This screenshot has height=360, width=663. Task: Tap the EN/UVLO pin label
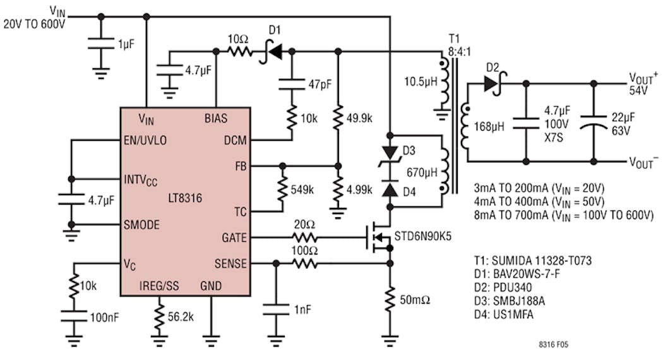click(x=147, y=140)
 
